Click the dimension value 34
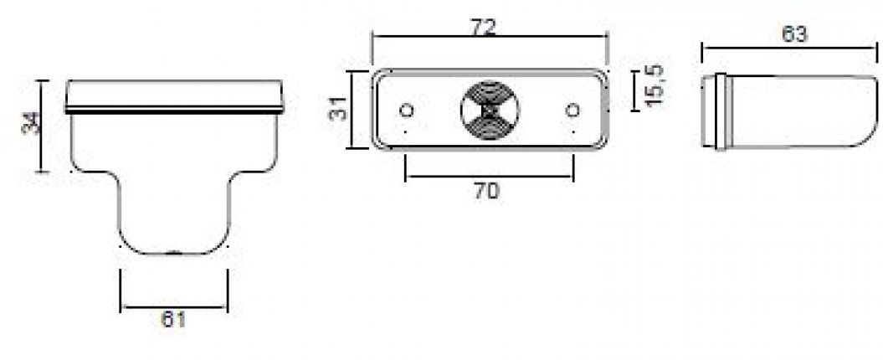pyautogui.click(x=28, y=125)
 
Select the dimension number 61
pyautogui.click(x=174, y=319)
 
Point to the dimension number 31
pyautogui.click(x=338, y=110)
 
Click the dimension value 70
pyautogui.click(x=487, y=190)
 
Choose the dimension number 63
pyautogui.click(x=793, y=34)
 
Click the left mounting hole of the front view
pyautogui.click(x=407, y=110)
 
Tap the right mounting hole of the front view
pyautogui.click(x=573, y=110)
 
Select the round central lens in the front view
pyautogui.click(x=490, y=110)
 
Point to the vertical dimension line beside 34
pyautogui.click(x=44, y=126)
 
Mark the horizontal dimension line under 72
pyautogui.click(x=490, y=37)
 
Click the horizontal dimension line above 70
pyautogui.click(x=490, y=178)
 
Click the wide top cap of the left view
pyautogui.click(x=174, y=95)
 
